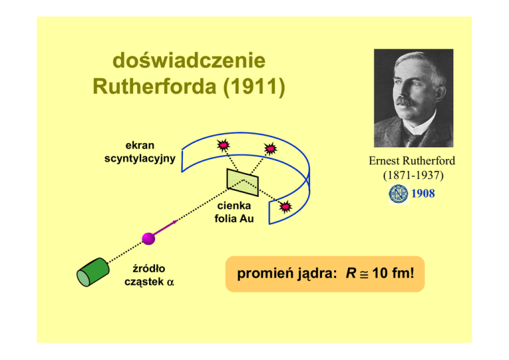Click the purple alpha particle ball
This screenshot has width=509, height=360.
coord(148,237)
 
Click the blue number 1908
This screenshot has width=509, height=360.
coord(423,194)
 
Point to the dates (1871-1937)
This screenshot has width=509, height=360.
coord(412,177)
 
